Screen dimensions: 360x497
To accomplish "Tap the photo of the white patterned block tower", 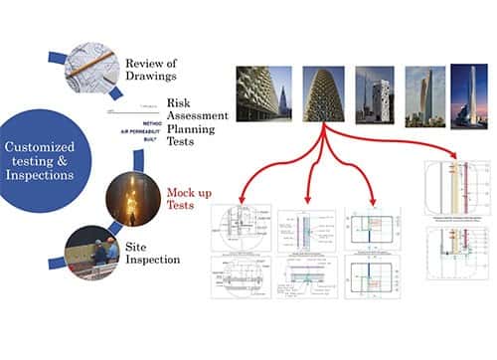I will click(x=373, y=96).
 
